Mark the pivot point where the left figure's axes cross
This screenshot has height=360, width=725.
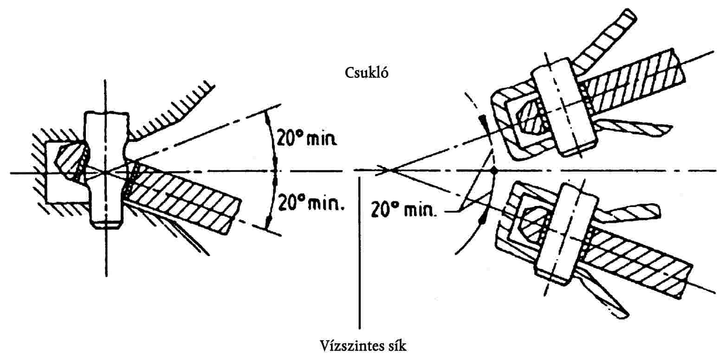pos(106,173)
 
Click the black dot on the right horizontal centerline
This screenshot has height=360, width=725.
pos(494,171)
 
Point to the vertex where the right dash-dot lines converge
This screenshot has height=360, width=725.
pos(389,170)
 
